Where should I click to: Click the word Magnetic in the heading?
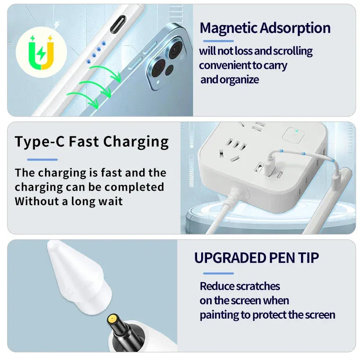(229, 28)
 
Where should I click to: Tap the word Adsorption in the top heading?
(295, 28)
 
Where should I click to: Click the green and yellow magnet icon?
(41, 52)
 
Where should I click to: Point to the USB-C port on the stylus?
(118, 24)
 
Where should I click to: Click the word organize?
(239, 80)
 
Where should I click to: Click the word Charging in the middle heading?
(136, 142)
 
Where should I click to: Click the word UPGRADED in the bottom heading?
(230, 258)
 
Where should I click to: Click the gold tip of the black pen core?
(112, 319)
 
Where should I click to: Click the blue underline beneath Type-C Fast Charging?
(42, 160)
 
